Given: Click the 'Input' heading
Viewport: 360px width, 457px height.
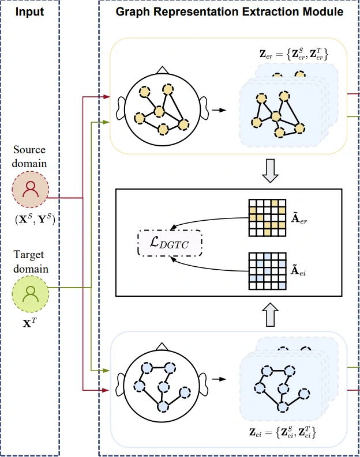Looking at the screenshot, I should pyautogui.click(x=30, y=11).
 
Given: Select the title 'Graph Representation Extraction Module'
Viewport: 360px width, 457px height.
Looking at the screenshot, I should pyautogui.click(x=230, y=11).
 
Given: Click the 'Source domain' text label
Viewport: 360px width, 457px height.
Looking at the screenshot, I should pyautogui.click(x=30, y=156).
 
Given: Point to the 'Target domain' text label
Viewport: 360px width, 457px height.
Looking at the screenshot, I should pyautogui.click(x=30, y=262).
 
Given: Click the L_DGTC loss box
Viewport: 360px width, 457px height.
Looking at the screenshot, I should pyautogui.click(x=171, y=243).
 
